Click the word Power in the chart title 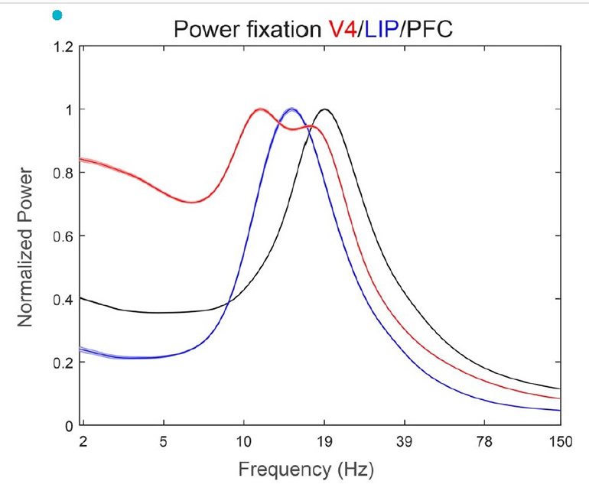pyautogui.click(x=204, y=30)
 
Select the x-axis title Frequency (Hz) pyautogui.click(x=306, y=468)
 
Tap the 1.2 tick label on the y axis pyautogui.click(x=63, y=47)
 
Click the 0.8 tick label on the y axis pyautogui.click(x=63, y=173)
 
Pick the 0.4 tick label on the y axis pyautogui.click(x=63, y=299)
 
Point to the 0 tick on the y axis pyautogui.click(x=68, y=425)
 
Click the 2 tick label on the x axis pyautogui.click(x=83, y=440)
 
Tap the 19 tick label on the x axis pyautogui.click(x=324, y=440)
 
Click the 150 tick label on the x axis pyautogui.click(x=560, y=440)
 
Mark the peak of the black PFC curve pyautogui.click(x=325, y=109)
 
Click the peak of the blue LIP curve pyautogui.click(x=291, y=110)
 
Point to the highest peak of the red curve pyautogui.click(x=260, y=110)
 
